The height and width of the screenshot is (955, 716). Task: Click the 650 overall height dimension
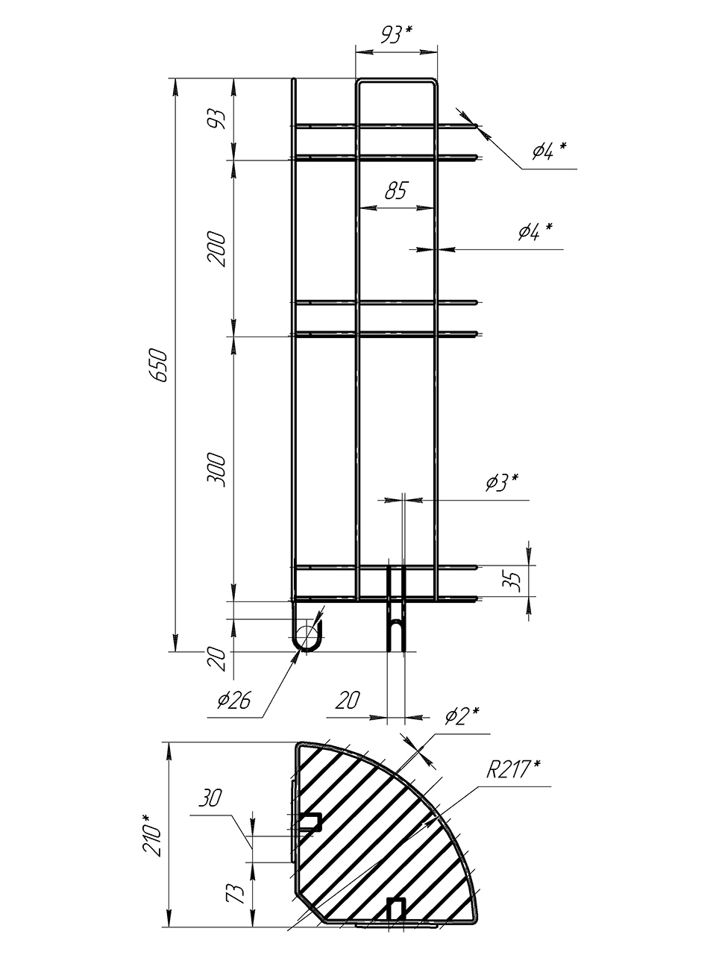point(158,365)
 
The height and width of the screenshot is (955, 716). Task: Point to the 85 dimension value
point(395,191)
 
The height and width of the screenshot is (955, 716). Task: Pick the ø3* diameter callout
point(501,483)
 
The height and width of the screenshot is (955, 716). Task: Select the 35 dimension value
point(512,580)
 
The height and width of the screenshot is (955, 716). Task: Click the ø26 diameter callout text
point(234,701)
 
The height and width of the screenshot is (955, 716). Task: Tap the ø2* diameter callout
point(462,716)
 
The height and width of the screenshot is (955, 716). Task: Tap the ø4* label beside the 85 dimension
point(536,232)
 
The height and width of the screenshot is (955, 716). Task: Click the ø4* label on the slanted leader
point(548,152)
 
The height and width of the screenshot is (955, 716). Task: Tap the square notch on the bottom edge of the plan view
point(396,909)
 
